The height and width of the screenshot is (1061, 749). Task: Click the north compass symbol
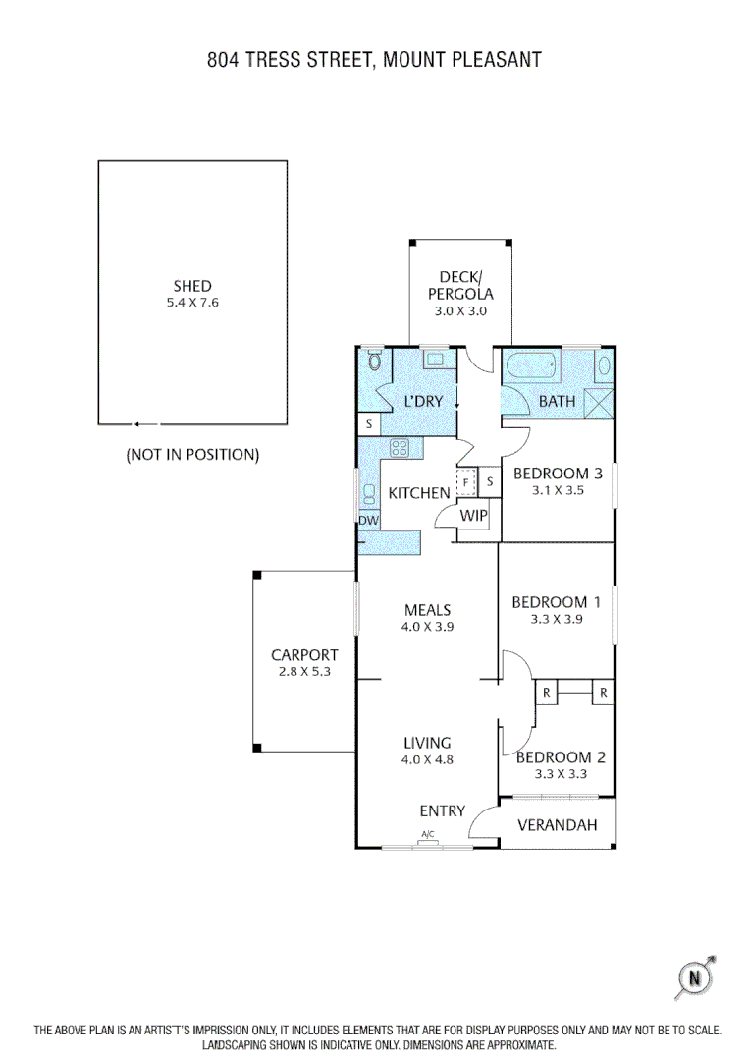(696, 977)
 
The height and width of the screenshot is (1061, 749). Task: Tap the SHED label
(192, 286)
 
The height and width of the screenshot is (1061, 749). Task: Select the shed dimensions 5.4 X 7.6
(192, 303)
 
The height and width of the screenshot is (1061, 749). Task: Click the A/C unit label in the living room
(428, 835)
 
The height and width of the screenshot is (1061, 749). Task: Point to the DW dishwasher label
(368, 520)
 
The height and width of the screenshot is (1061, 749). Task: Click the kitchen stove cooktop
(400, 448)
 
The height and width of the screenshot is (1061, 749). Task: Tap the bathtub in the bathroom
(532, 370)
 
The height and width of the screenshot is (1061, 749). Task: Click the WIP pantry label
(474, 515)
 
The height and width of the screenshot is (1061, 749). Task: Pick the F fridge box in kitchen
(466, 482)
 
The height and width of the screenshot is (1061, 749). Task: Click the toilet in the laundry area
(373, 363)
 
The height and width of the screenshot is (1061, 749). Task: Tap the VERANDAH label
(558, 825)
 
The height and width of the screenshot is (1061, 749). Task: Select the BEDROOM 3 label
(551, 473)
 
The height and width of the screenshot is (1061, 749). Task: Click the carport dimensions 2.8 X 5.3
(304, 672)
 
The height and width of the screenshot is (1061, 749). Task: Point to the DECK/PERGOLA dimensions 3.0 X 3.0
(460, 310)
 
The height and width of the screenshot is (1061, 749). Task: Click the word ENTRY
(442, 810)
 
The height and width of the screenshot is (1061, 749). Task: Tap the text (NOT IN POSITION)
(192, 455)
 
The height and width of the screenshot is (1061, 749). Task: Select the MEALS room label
(427, 610)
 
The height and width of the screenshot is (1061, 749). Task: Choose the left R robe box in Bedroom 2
(546, 692)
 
